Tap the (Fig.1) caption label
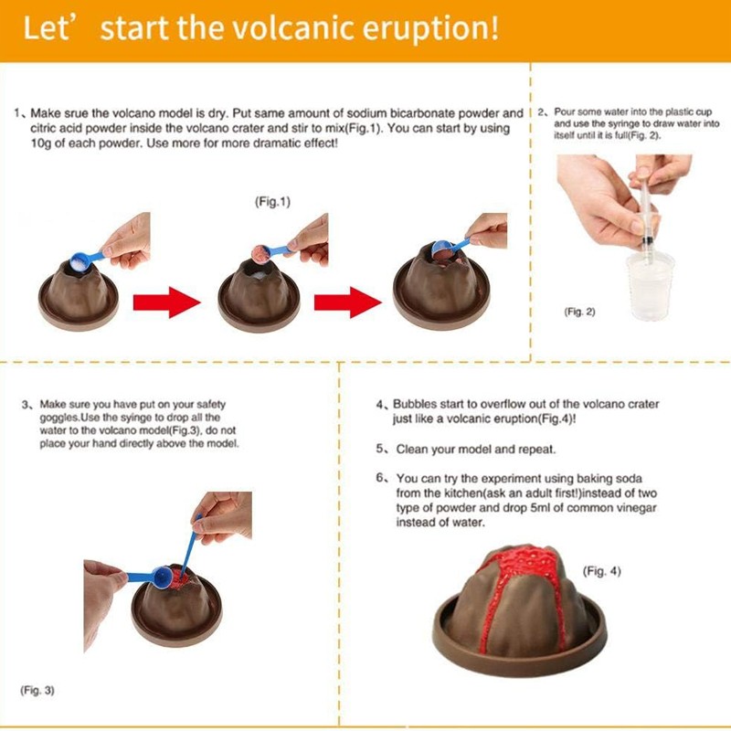click(x=272, y=202)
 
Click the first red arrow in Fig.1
click(x=167, y=302)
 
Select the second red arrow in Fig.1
click(x=348, y=302)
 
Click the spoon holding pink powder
click(x=269, y=251)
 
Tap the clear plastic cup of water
click(x=650, y=285)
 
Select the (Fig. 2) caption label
click(x=579, y=312)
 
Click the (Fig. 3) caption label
click(x=37, y=690)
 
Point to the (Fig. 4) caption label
click(x=602, y=571)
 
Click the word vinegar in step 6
click(x=635, y=508)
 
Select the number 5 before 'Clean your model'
click(x=380, y=449)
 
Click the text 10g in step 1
click(x=41, y=143)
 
